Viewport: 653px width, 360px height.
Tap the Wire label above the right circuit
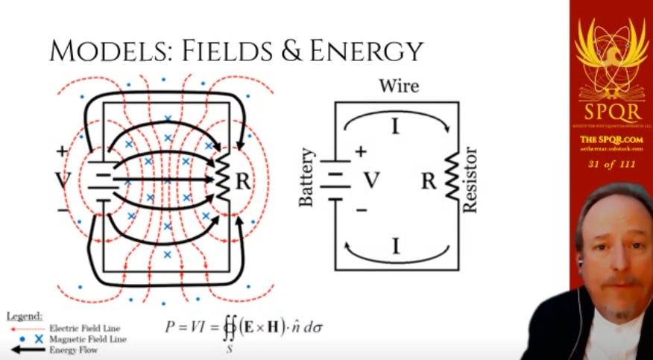click(399, 86)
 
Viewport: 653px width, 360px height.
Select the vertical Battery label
click(307, 178)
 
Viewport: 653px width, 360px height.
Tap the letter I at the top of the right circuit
click(395, 127)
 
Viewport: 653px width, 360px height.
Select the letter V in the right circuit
click(370, 180)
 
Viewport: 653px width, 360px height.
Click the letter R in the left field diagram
click(243, 180)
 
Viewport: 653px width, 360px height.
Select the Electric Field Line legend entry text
click(84, 327)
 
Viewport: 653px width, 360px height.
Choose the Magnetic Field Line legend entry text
click(87, 338)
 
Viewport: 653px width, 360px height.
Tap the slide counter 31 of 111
click(611, 164)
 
